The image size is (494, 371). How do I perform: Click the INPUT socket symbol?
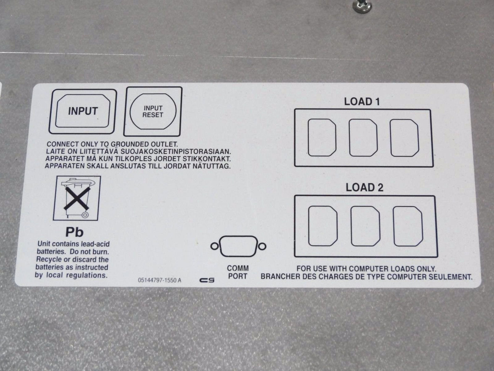click(83, 111)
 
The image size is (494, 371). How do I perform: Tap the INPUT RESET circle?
click(153, 112)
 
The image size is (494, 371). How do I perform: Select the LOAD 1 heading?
click(362, 101)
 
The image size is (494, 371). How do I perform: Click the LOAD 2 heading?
click(364, 187)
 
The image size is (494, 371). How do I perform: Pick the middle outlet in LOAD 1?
click(363, 138)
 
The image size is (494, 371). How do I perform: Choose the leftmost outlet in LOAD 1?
click(322, 138)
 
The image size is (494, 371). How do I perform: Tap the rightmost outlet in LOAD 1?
click(404, 138)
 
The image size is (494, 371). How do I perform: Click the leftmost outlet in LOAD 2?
click(323, 226)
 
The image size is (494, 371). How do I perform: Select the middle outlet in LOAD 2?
click(365, 226)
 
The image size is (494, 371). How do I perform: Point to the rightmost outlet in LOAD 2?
click(408, 226)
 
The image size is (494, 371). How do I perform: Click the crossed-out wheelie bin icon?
click(77, 198)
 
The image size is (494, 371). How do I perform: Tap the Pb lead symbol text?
click(75, 232)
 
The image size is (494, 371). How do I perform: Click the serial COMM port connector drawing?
click(238, 246)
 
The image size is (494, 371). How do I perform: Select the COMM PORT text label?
click(238, 272)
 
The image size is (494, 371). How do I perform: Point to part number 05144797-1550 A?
click(159, 280)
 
